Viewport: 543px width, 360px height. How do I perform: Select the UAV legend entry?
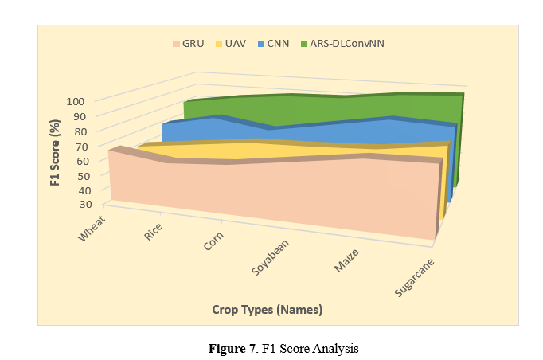[232, 43]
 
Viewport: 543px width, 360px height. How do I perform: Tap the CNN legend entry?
[274, 43]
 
